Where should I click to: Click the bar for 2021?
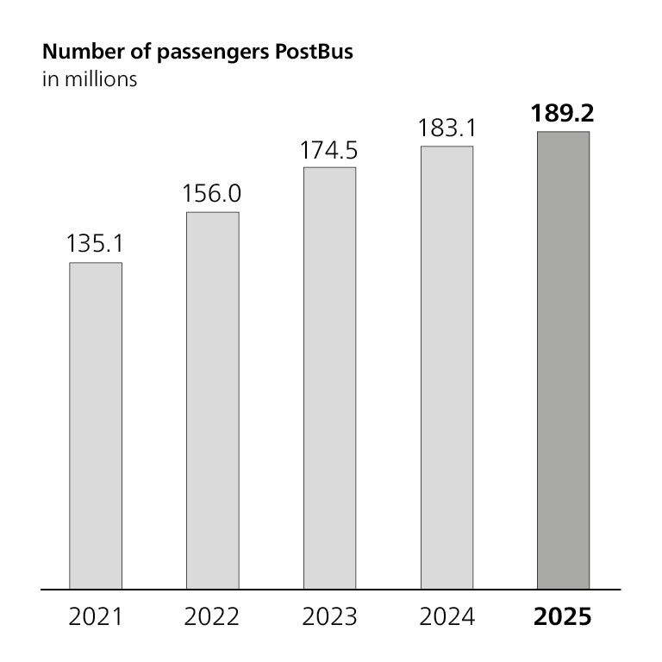tap(96, 425)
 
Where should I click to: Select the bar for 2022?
tap(213, 400)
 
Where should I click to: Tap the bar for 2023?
tap(329, 378)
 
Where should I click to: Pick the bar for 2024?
tap(447, 367)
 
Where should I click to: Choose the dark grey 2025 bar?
tap(564, 360)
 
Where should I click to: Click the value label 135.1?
tap(95, 244)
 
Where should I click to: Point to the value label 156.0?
tap(212, 194)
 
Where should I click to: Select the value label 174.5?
tap(329, 149)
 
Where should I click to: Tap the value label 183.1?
tap(447, 128)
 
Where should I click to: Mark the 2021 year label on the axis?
tap(96, 617)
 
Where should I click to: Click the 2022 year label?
tap(213, 617)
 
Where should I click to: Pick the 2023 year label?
tap(330, 617)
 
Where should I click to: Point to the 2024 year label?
tap(447, 617)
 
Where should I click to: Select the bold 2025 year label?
tap(564, 617)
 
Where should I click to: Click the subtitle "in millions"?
tap(89, 79)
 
